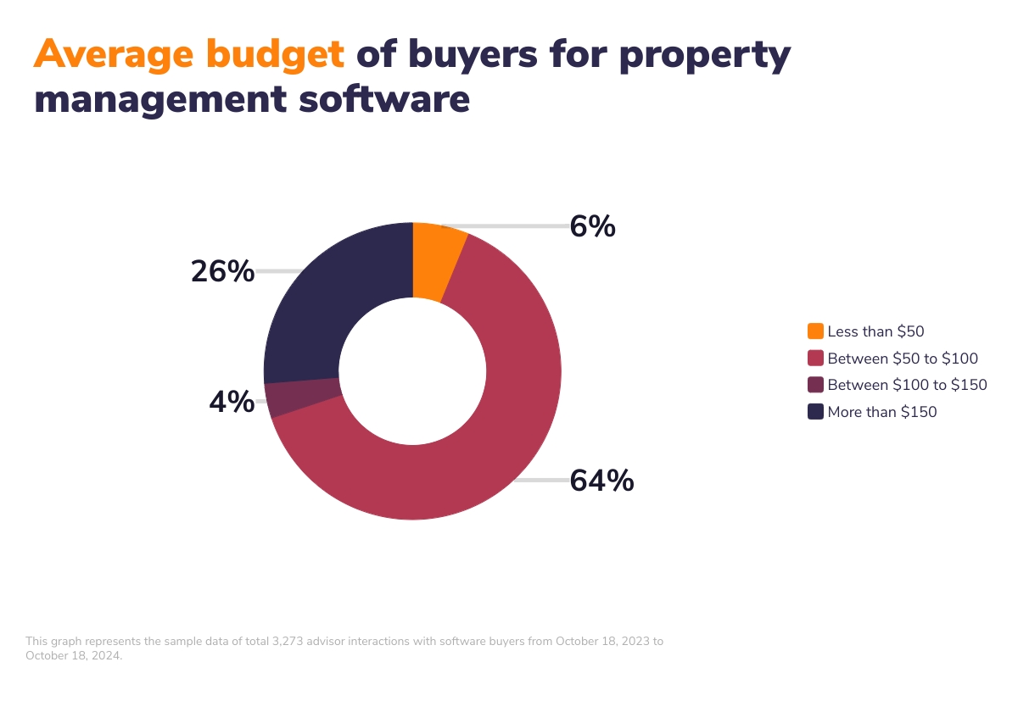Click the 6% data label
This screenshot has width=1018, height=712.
coord(592,226)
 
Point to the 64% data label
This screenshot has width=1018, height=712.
coord(601,481)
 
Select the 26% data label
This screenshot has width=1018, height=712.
coord(222,271)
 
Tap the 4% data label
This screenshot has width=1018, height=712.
coord(232,402)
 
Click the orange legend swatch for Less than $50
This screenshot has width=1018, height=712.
coord(815,331)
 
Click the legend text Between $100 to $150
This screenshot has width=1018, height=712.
coord(907,385)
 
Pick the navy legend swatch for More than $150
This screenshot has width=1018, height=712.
coord(815,412)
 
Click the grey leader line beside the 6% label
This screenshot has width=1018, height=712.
coord(517,226)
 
